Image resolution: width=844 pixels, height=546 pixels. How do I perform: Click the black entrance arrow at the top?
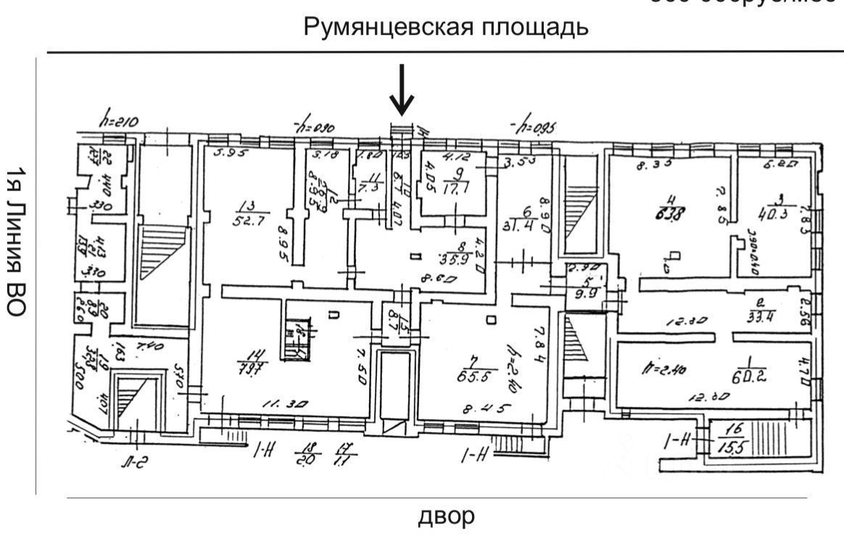click(401, 91)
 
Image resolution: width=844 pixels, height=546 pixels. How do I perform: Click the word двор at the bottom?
click(447, 516)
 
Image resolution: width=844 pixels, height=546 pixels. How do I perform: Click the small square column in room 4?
click(674, 255)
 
